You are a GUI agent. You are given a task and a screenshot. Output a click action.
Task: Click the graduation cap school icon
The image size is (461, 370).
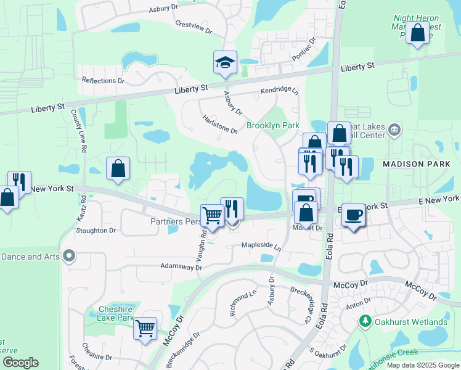[226, 62]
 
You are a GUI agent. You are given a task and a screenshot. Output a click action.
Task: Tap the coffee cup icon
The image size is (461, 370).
[353, 215]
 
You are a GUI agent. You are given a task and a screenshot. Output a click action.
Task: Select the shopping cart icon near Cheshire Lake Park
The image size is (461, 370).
[145, 329]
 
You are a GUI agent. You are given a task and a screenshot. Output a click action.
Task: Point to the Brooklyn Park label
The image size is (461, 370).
[272, 125]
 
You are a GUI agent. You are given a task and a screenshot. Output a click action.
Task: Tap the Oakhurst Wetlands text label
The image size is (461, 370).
[412, 322]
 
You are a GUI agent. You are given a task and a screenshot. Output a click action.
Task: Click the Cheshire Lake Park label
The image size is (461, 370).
[116, 313]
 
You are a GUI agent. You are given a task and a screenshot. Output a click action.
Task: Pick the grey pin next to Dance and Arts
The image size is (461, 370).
[70, 255]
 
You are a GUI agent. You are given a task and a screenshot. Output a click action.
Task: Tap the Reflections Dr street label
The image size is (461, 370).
[103, 81]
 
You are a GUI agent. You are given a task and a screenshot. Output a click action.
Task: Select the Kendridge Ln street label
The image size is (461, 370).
[279, 89]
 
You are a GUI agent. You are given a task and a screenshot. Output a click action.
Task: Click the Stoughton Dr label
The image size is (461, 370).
[96, 231]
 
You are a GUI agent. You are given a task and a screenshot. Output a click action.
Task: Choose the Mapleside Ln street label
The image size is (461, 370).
[261, 245]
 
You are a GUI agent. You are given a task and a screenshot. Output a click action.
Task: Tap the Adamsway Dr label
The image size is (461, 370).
[181, 268]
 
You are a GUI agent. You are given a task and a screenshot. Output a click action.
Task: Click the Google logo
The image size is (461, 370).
[20, 363]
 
